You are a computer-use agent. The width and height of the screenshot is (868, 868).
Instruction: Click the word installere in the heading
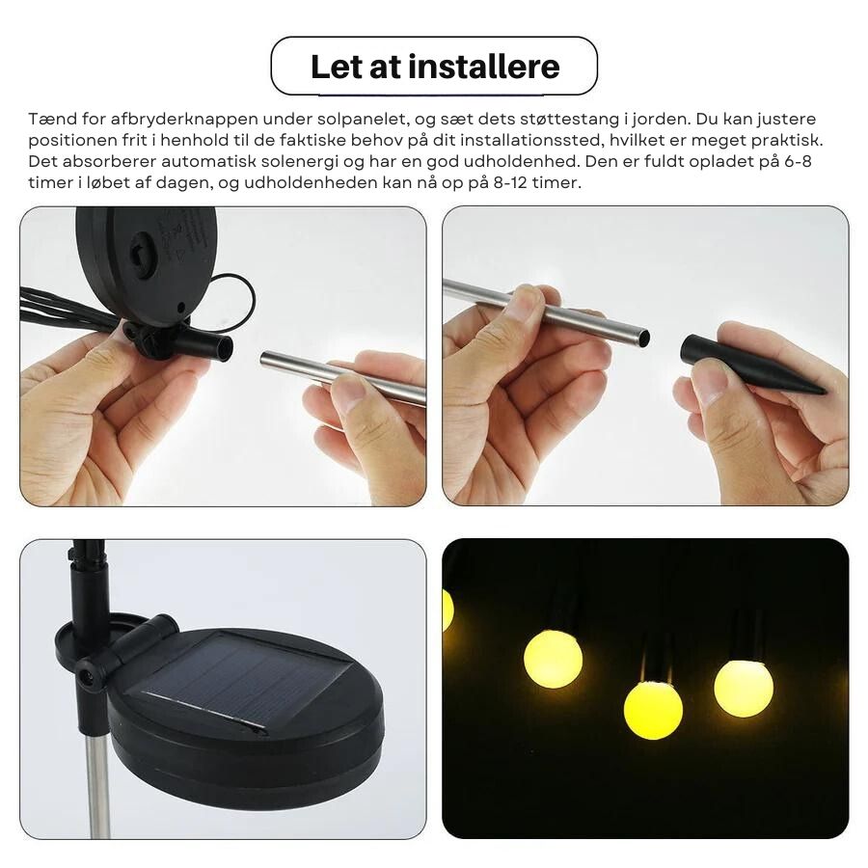(x=484, y=67)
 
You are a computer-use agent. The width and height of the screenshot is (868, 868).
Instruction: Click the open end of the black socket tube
(x=226, y=347)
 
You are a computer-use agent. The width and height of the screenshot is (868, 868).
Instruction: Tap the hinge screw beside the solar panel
(x=85, y=675)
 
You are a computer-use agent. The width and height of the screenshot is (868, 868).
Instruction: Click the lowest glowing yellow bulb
(x=653, y=710)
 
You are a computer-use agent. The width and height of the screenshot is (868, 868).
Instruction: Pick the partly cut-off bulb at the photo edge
(x=448, y=610)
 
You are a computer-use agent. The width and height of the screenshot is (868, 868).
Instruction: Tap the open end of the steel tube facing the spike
(x=642, y=338)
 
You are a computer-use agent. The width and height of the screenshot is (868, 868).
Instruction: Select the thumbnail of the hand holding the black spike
(x=645, y=356)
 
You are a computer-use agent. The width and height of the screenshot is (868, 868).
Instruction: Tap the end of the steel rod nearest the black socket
(x=264, y=358)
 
